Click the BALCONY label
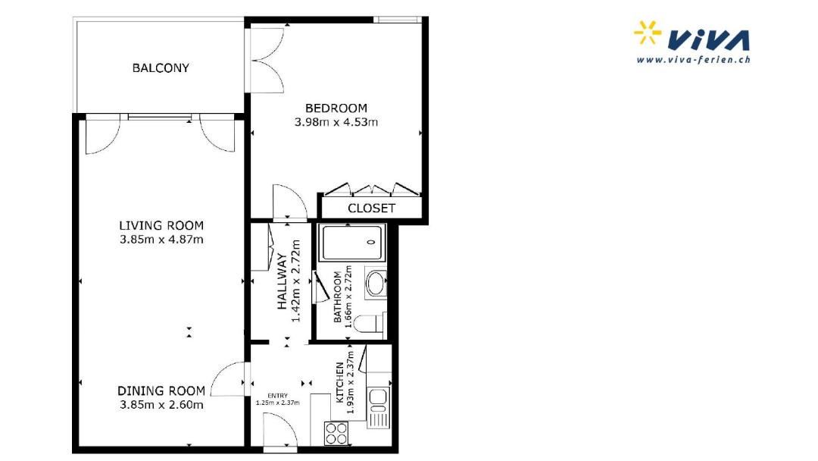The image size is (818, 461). point(161,68)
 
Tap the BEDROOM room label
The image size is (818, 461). point(336,108)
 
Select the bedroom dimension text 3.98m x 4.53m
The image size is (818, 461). point(336,122)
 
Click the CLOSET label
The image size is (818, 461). point(371,209)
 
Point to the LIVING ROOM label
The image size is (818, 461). point(161,225)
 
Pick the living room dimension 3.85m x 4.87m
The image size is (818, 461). point(161,240)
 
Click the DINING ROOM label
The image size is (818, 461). point(161,390)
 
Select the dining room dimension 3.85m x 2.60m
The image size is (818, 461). point(161,405)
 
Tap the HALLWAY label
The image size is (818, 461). point(283,281)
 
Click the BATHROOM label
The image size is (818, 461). point(338,296)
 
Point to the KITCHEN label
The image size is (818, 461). point(339,383)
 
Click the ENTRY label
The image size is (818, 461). point(277,396)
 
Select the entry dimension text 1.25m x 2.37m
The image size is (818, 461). point(277,403)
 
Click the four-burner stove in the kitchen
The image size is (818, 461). point(336,434)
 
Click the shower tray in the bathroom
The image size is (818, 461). point(352,243)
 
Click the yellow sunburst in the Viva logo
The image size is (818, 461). point(647,33)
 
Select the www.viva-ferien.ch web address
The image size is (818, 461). point(693,59)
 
